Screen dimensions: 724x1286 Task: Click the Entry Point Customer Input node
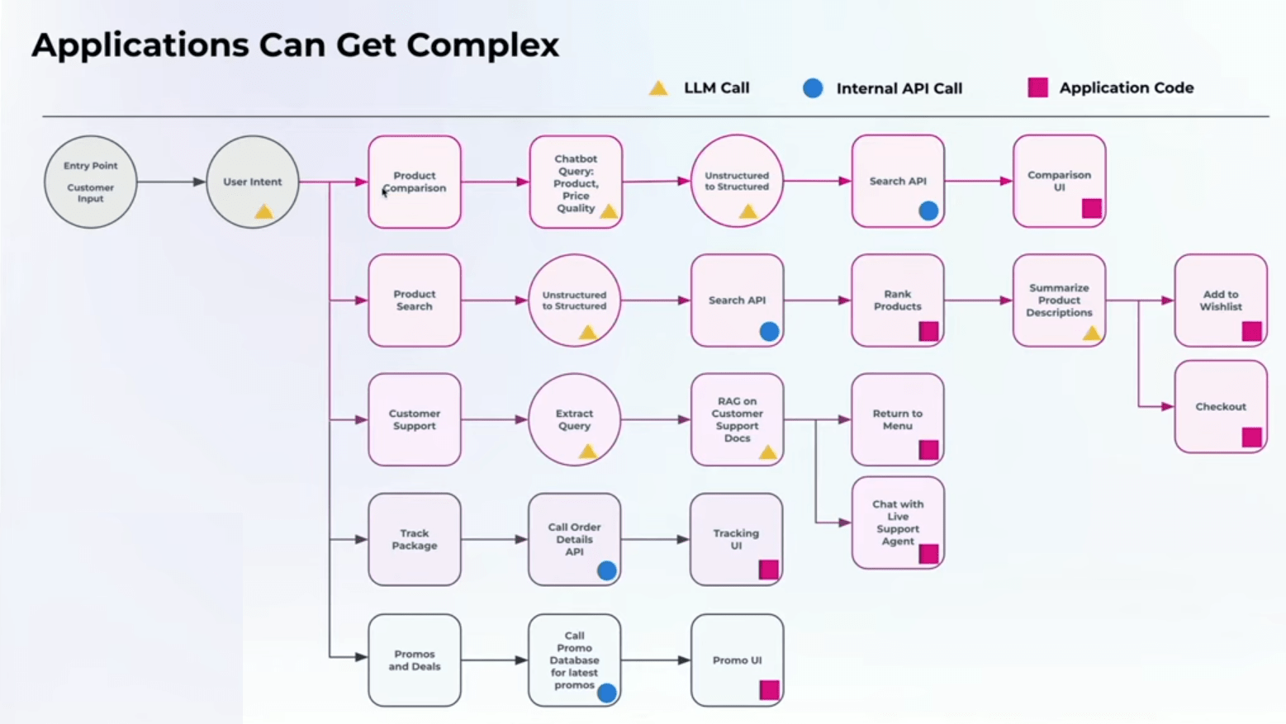tap(91, 182)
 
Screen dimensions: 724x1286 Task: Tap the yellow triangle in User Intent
tap(263, 211)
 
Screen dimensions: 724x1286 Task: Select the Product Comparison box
tap(415, 182)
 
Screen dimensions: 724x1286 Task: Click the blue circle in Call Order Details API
tap(607, 570)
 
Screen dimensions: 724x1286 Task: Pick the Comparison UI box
tap(1059, 181)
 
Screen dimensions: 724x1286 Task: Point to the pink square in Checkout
tap(1251, 437)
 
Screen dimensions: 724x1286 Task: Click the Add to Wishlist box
tap(1220, 300)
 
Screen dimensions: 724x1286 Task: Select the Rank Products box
tap(898, 300)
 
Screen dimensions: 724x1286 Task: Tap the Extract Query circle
tap(574, 419)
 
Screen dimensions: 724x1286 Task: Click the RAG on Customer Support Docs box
tap(737, 419)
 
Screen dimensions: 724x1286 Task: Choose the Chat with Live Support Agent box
tap(898, 523)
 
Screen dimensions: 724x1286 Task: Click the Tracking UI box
tap(737, 540)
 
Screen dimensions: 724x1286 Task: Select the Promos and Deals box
tap(415, 660)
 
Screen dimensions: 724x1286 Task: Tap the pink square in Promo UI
tap(769, 690)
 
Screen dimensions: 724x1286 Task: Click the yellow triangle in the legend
tap(658, 88)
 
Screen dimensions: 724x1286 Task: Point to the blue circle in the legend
tap(813, 88)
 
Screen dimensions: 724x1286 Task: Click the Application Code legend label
tap(1126, 88)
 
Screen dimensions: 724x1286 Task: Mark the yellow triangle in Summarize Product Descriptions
tap(1091, 334)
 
